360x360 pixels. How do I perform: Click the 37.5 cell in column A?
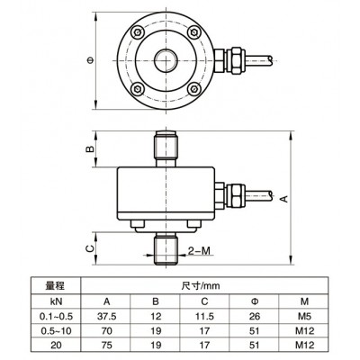[x=106, y=316]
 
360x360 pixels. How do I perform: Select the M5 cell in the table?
[x=304, y=316]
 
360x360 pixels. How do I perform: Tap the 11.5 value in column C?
[x=204, y=316]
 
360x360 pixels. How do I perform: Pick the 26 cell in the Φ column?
[x=254, y=316]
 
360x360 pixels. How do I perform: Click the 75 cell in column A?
[x=106, y=345]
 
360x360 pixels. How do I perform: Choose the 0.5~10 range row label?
[x=56, y=330]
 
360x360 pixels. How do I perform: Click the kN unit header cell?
[x=56, y=301]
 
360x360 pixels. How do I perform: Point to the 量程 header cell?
[x=55, y=285]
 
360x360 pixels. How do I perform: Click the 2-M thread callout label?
[x=199, y=251]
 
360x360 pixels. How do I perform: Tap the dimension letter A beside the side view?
[x=284, y=199]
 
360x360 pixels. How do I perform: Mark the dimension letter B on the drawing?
[x=90, y=149]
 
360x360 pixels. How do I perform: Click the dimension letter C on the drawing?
[x=90, y=248]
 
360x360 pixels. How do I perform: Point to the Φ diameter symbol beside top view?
[x=90, y=60]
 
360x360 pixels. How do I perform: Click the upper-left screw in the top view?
[x=137, y=32]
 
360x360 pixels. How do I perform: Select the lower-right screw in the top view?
[x=194, y=89]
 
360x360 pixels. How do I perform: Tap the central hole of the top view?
[x=166, y=60]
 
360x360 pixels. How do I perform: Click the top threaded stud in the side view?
[x=166, y=148]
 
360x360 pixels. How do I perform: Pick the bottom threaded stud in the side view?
[x=166, y=250]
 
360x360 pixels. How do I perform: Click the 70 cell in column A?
[x=106, y=330]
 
